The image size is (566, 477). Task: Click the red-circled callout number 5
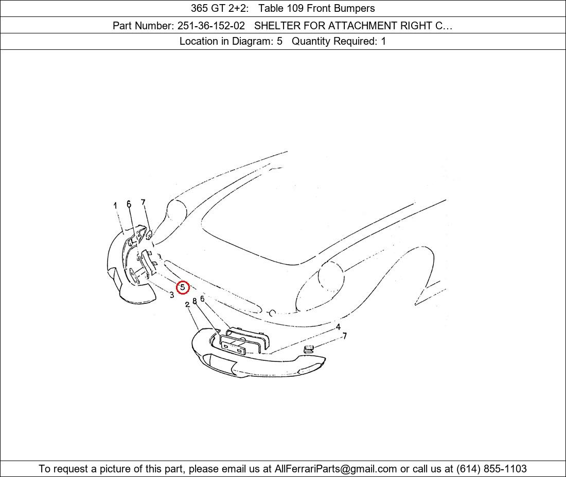tap(183, 287)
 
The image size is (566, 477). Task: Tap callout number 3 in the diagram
tap(172, 295)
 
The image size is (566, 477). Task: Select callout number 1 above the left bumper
tap(115, 206)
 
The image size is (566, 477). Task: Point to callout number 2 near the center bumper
tap(187, 305)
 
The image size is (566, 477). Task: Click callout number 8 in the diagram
tap(194, 301)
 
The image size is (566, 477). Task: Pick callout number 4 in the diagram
tap(338, 327)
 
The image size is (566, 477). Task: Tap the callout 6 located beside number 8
tap(202, 299)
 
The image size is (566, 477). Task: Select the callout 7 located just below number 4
tap(345, 336)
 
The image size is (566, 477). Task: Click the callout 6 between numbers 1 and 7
tap(129, 204)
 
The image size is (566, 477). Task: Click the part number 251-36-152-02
tap(211, 26)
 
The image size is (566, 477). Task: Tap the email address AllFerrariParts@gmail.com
tap(335, 469)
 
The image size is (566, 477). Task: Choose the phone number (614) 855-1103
tap(491, 469)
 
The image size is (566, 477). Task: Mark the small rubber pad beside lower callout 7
tap(308, 349)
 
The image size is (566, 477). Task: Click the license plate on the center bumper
tap(233, 344)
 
